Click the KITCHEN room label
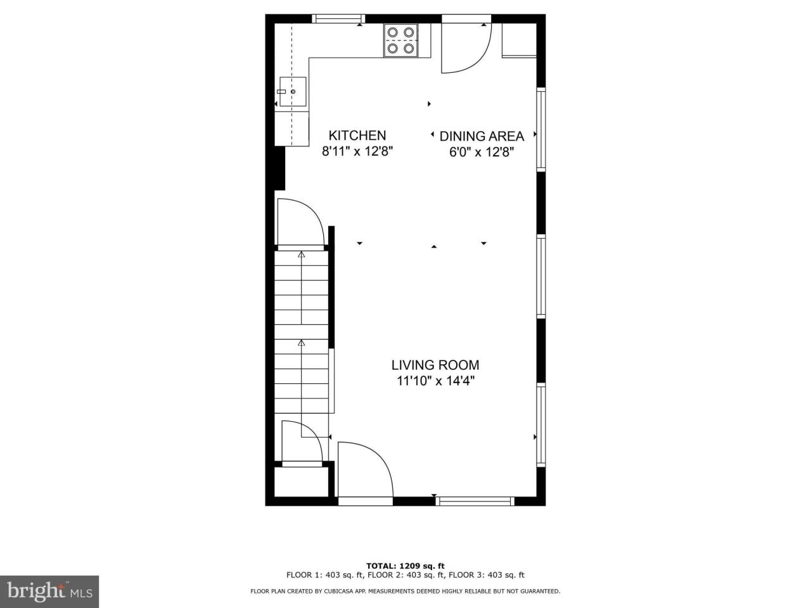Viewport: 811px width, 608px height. tap(357, 136)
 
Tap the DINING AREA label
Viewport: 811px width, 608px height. tap(482, 136)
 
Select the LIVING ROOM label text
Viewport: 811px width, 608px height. tap(435, 365)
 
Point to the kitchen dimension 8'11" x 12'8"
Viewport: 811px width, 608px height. tap(357, 151)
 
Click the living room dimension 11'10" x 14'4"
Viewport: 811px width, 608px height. tap(435, 381)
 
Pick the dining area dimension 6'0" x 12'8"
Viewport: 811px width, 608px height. tap(482, 152)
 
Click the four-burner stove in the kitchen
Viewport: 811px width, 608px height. tap(401, 41)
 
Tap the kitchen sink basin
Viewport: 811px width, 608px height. tap(293, 92)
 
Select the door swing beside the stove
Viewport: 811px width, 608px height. tap(466, 48)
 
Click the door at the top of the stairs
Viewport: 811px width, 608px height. tap(301, 223)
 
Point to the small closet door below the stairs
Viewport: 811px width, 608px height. tap(302, 441)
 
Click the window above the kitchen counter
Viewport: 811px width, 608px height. tap(338, 18)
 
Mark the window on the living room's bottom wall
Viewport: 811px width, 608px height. tap(475, 501)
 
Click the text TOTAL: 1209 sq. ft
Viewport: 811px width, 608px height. tap(405, 566)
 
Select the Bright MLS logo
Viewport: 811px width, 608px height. tap(49, 592)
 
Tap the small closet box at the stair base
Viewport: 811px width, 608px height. tap(302, 483)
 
